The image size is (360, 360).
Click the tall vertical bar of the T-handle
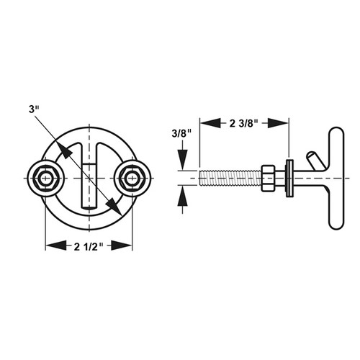click(x=334, y=179)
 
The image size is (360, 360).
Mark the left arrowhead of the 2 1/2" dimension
click(x=51, y=246)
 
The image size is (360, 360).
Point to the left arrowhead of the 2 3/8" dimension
click(x=205, y=122)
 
